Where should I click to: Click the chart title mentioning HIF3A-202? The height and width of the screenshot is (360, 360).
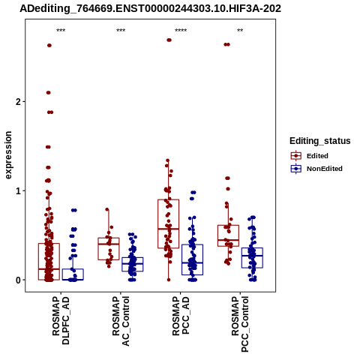[x=150, y=8]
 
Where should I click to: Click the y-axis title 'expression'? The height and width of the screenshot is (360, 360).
[x=8, y=155]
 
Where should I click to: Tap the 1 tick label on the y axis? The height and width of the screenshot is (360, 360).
[x=18, y=191]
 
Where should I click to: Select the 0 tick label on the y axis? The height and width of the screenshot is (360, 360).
[x=18, y=280]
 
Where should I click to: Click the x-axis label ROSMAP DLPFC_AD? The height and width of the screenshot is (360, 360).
[x=61, y=320]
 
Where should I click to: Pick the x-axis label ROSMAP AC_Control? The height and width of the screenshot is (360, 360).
[x=121, y=321]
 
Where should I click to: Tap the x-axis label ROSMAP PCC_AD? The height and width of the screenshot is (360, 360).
[x=181, y=316]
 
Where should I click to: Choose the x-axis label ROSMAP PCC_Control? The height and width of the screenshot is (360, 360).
[x=240, y=324]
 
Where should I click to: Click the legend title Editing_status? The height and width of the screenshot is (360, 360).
[x=320, y=141]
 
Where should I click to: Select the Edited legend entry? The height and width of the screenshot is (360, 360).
[x=310, y=156]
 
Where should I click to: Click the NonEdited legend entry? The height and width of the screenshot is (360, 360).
[x=316, y=169]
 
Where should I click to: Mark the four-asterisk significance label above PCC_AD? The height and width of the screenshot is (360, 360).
[x=181, y=31]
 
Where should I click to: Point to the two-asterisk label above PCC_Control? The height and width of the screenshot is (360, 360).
[x=240, y=31]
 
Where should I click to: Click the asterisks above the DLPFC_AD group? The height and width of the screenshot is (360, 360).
[x=61, y=31]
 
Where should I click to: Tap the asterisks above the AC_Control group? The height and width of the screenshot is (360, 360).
[x=121, y=31]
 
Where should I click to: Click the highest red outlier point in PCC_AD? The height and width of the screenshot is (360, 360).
[x=169, y=40]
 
